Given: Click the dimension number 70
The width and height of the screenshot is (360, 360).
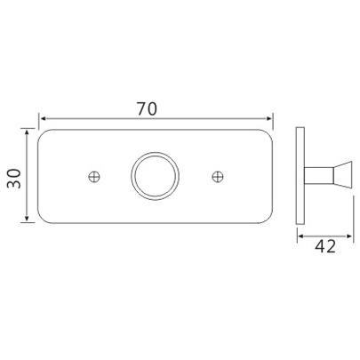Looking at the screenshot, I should (148, 108).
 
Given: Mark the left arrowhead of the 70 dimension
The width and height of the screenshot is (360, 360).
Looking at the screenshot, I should (42, 118).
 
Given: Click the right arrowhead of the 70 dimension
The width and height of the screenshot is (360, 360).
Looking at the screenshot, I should (268, 118).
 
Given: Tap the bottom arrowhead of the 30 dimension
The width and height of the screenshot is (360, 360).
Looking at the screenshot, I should (29, 219).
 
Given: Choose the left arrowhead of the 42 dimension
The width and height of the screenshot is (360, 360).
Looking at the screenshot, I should (300, 236).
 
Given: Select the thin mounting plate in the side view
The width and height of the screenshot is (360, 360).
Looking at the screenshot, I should (300, 176).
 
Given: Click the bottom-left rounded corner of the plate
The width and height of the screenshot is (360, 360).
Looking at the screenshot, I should (44, 220).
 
